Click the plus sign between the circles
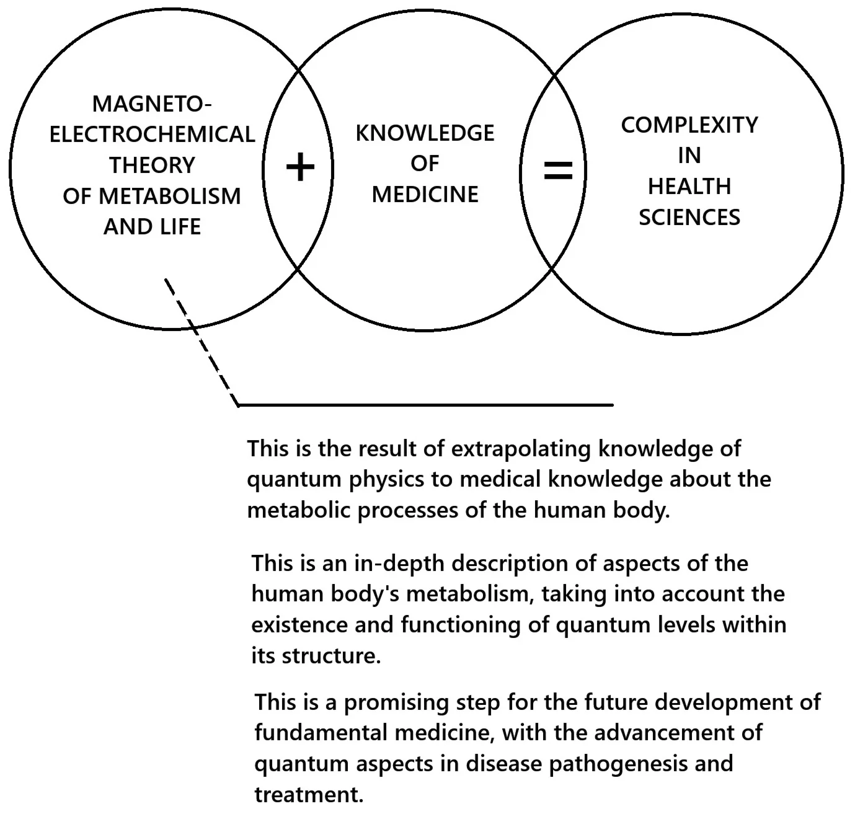pyautogui.click(x=300, y=167)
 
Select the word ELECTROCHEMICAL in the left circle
pyautogui.click(x=152, y=135)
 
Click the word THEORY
pyautogui.click(x=152, y=166)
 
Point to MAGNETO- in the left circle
pyautogui.click(x=152, y=104)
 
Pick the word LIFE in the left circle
pyautogui.click(x=177, y=227)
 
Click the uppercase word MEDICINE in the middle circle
pyautogui.click(x=425, y=195)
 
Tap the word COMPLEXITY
pyautogui.click(x=689, y=125)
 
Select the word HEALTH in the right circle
pyautogui.click(x=689, y=187)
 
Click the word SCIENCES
pyautogui.click(x=689, y=218)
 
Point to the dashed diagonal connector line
pyautogui.click(x=201, y=342)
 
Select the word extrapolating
pyautogui.click(x=521, y=449)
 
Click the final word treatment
pyautogui.click(x=308, y=795)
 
